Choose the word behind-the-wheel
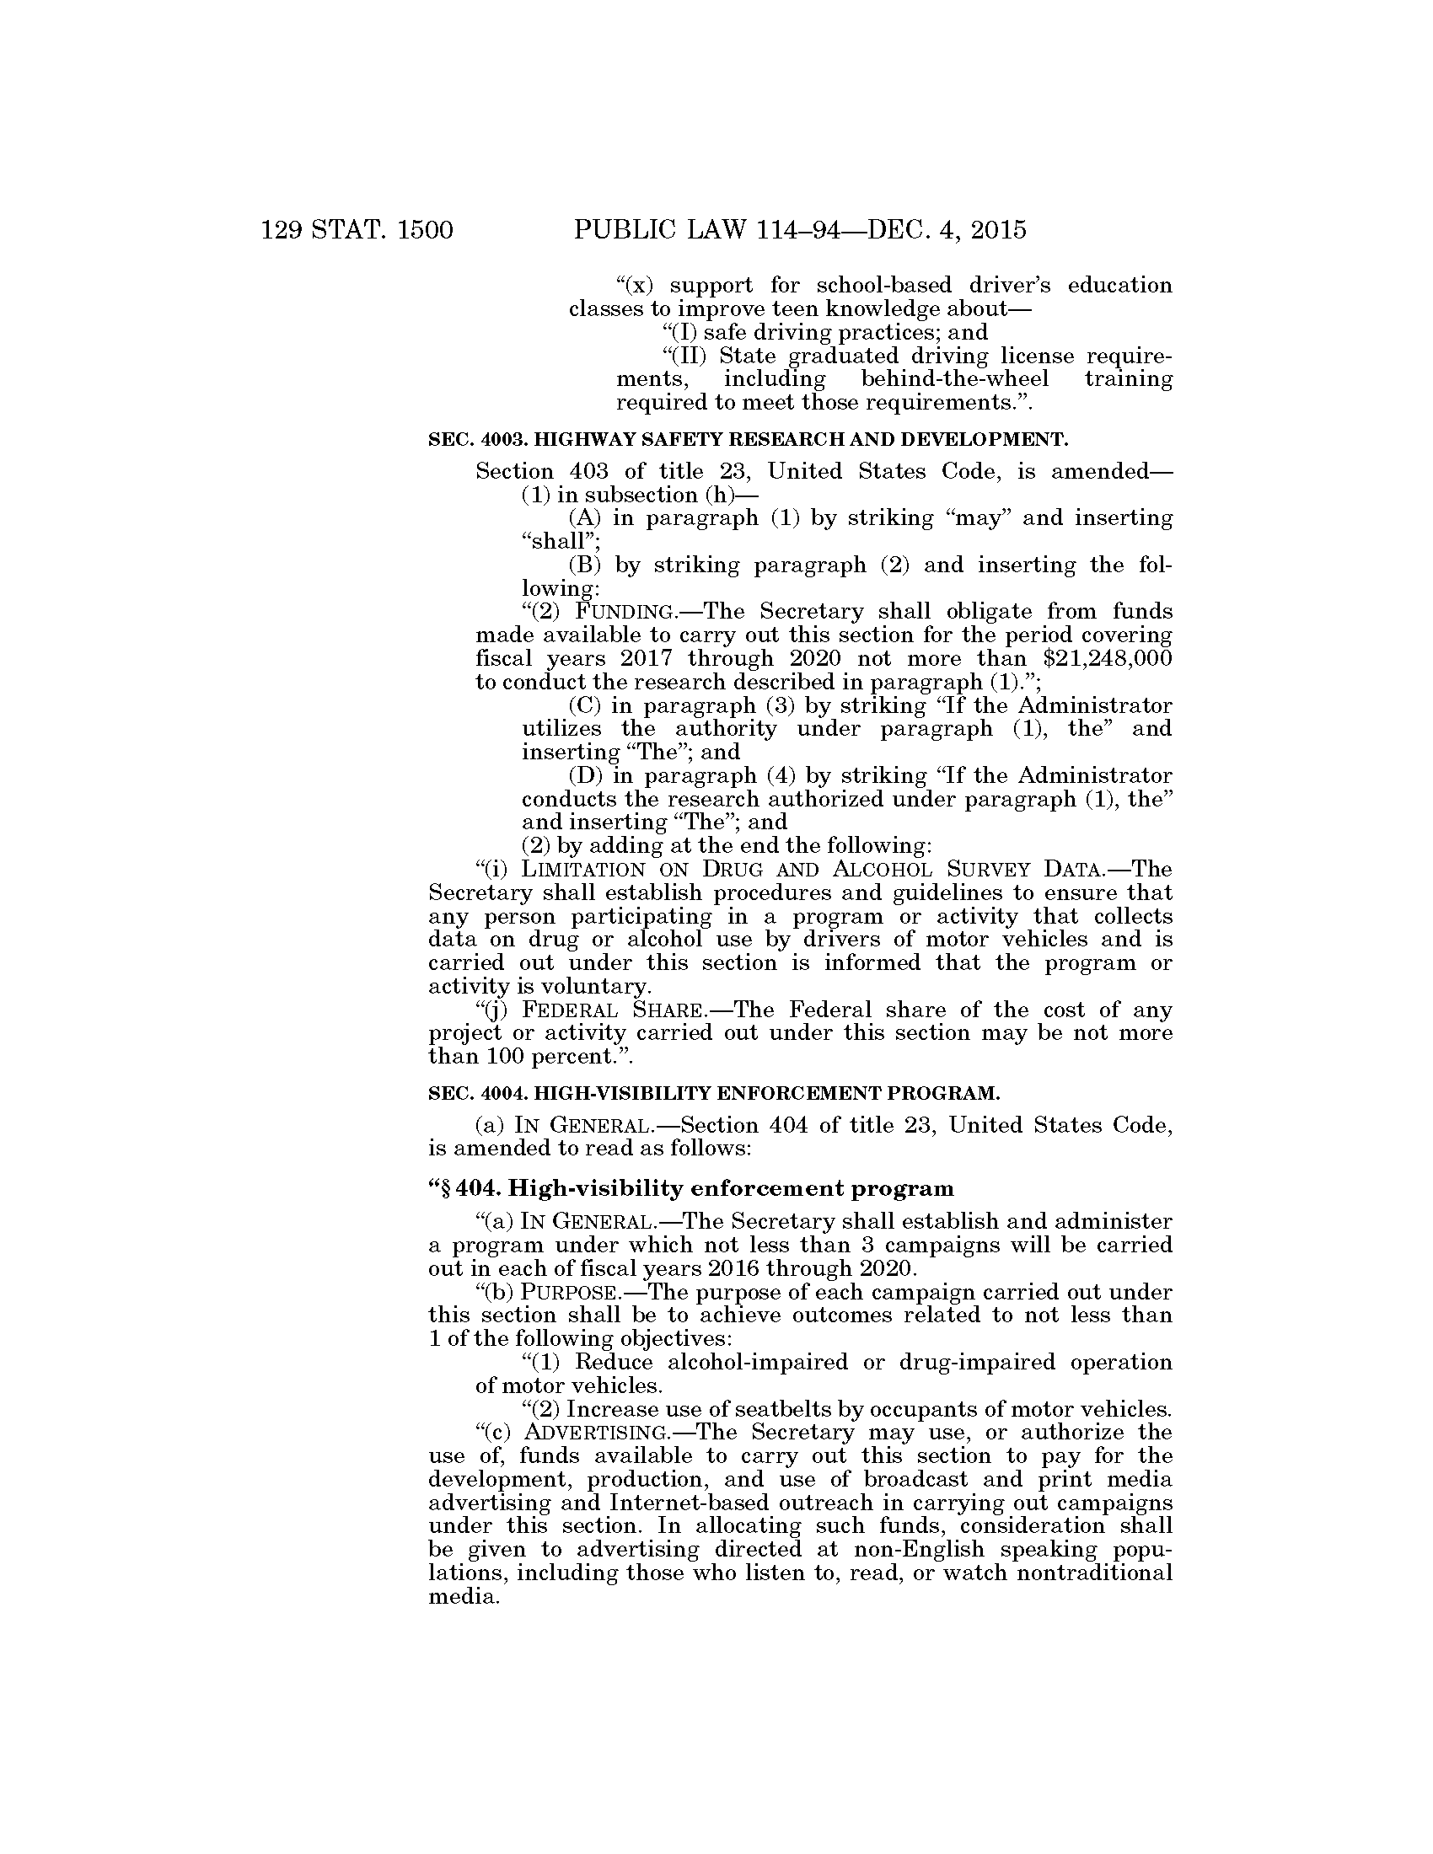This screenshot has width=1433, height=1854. (x=954, y=378)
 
